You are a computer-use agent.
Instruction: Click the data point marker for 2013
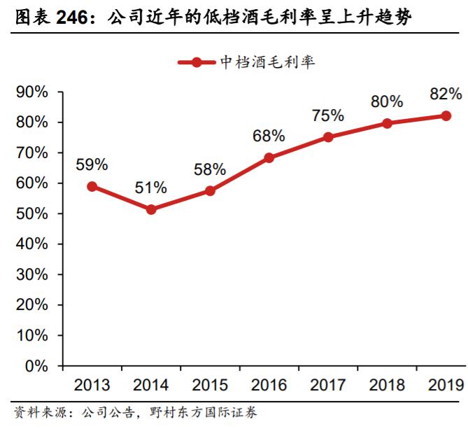click(x=92, y=187)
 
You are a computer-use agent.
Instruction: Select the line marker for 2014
click(x=151, y=209)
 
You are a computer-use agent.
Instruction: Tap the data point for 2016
click(x=269, y=158)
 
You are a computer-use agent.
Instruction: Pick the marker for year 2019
click(x=446, y=115)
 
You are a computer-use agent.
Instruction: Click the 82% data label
click(x=446, y=94)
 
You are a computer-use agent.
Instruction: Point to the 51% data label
click(x=151, y=188)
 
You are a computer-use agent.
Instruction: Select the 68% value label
click(x=269, y=136)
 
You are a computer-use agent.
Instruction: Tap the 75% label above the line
click(x=328, y=115)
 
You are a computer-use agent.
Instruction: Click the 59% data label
click(x=92, y=164)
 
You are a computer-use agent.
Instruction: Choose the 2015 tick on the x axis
click(x=210, y=385)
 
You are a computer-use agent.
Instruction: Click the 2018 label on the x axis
click(x=387, y=385)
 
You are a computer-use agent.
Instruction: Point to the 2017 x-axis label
click(x=328, y=385)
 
